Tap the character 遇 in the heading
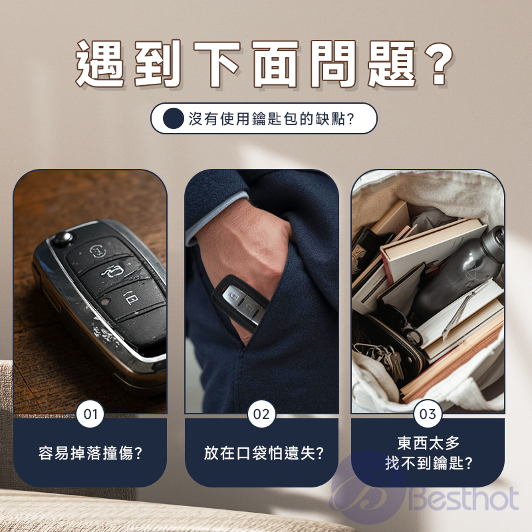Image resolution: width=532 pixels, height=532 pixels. pos(100,63)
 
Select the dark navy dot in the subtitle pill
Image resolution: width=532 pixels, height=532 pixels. pos(173,119)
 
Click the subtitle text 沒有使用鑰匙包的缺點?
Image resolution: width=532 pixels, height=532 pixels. pos(271,119)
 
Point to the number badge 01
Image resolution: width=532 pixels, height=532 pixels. pos(90,414)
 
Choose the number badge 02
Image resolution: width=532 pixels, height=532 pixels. pos(261,414)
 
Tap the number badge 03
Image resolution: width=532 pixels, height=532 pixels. pos(428,414)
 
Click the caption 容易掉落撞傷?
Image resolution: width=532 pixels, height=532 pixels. pos(90,454)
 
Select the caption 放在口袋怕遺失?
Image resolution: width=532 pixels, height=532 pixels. pos(263,454)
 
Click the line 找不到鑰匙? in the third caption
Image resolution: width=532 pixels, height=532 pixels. pos(428,463)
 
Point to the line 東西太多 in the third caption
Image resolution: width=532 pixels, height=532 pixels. pos(428,443)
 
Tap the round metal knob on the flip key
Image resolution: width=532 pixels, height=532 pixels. pos(63,238)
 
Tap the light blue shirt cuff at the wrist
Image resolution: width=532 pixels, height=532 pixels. pos(217,213)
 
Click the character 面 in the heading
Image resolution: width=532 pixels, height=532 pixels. pos(275,63)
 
